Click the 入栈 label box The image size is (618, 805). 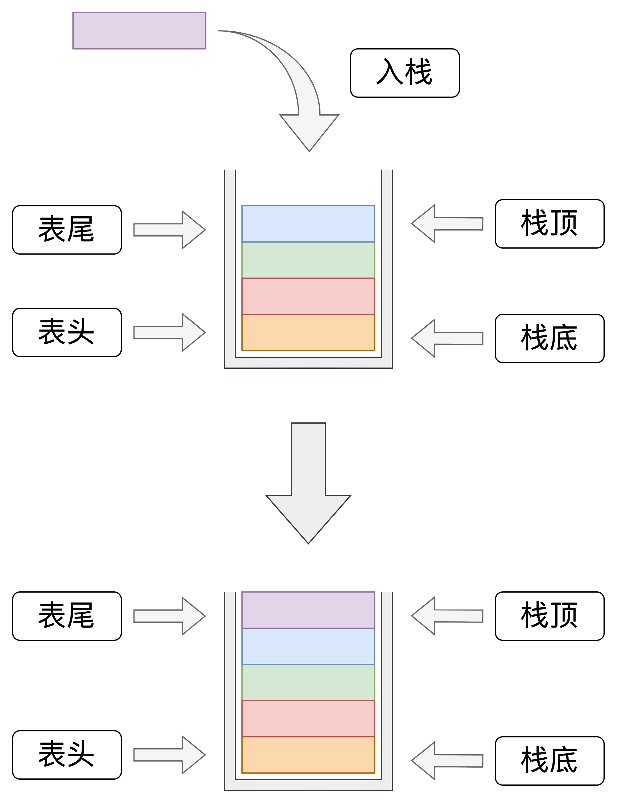coord(405,73)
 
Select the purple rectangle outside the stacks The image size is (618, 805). coord(139,30)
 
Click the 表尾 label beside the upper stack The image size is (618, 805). coord(67,230)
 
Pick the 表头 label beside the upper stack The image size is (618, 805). coord(67,332)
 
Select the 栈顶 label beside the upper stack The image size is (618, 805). coord(549,224)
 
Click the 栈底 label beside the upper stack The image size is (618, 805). coord(549,338)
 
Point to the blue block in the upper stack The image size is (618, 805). coord(308,224)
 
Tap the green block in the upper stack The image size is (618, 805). coord(308,259)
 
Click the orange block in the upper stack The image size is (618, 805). coord(308,332)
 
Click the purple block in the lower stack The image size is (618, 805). coord(308,610)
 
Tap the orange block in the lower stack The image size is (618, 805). coord(308,754)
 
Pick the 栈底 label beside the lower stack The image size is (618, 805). coord(549,761)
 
